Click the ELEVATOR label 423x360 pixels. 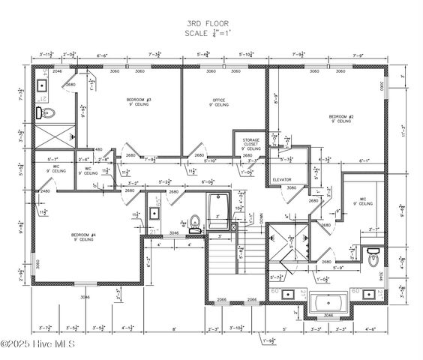[282, 179]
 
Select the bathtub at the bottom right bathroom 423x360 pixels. [328, 304]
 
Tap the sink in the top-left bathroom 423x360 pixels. [42, 87]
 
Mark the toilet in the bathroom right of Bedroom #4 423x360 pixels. [194, 222]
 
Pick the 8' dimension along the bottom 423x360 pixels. [173, 328]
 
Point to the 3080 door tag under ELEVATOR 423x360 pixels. [292, 187]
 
